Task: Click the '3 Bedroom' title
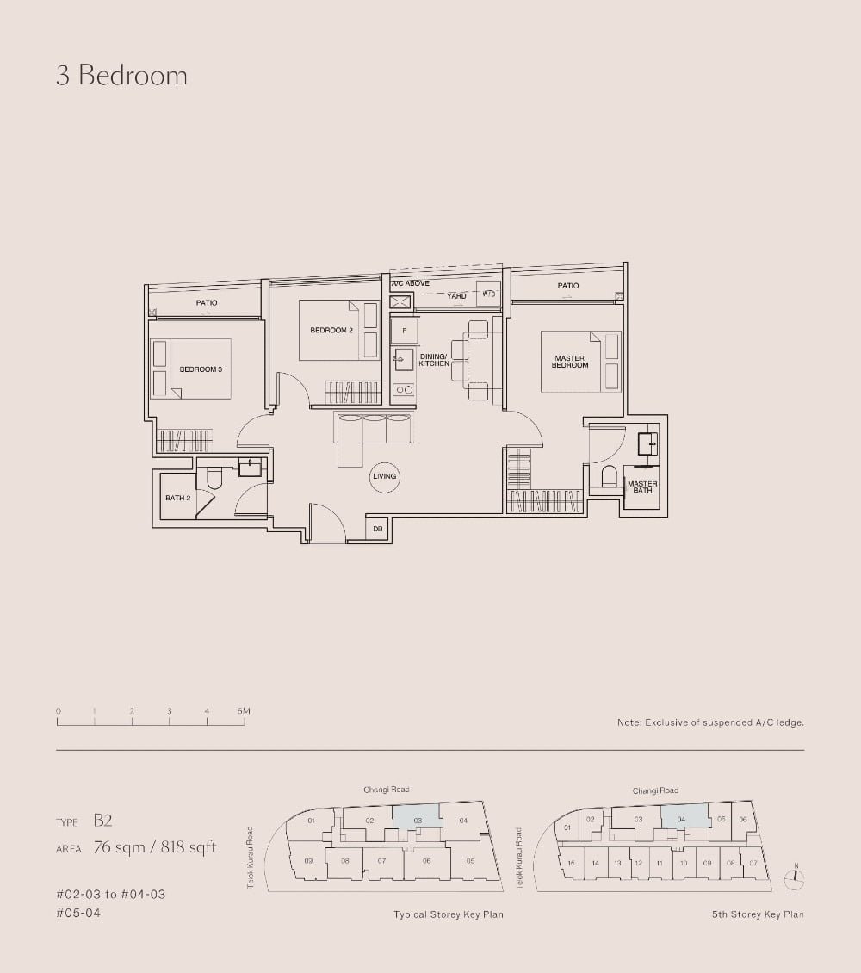121,76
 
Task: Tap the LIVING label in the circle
384,476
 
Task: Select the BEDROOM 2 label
331,331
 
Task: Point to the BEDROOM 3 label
201,369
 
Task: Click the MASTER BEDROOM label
569,362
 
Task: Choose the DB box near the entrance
378,529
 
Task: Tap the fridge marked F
404,330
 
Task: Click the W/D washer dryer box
488,294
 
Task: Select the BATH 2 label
177,498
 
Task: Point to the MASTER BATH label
642,487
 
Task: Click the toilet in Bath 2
214,477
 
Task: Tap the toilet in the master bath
610,476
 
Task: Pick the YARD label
456,296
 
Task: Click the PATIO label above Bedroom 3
207,303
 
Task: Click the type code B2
103,821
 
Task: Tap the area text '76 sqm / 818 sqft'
154,847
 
